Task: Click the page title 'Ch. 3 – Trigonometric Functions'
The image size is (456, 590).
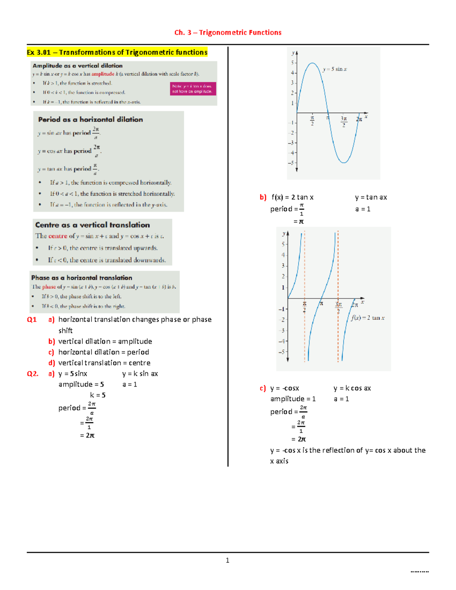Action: tap(228, 33)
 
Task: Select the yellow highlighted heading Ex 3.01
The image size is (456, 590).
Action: tap(117, 52)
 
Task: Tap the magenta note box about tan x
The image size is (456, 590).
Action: tap(193, 89)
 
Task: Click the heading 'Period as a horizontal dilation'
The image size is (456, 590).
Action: tap(90, 119)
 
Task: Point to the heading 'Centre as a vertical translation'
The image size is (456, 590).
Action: tap(92, 225)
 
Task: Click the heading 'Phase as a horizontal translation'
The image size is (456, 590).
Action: tap(82, 278)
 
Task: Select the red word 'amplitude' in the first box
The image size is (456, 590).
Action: tap(103, 74)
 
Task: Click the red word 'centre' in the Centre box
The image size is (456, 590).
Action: tap(58, 236)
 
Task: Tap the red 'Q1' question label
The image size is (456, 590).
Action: tap(32, 320)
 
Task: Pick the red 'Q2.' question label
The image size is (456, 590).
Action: tap(33, 374)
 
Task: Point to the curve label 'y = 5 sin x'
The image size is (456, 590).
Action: tap(335, 69)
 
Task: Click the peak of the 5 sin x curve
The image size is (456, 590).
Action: tap(312, 63)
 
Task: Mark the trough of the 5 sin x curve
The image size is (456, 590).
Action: tap(344, 163)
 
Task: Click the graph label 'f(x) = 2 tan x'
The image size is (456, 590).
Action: tap(367, 318)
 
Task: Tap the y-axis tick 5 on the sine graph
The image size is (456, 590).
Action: tap(292, 63)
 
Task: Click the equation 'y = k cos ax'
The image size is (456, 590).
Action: tap(352, 388)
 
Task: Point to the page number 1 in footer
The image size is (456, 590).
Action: tap(227, 560)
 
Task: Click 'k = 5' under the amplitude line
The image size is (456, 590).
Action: tap(98, 395)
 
